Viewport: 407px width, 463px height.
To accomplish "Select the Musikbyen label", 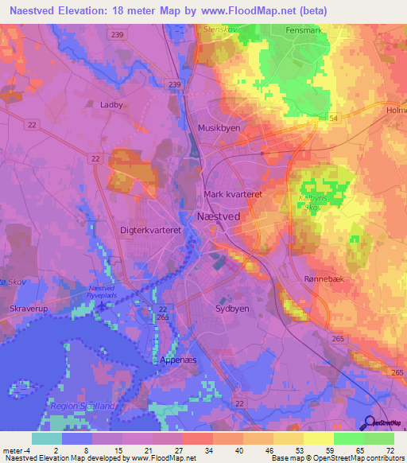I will (x=219, y=127).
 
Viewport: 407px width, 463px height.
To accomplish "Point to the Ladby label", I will (x=111, y=104).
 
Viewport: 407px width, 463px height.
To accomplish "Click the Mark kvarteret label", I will (x=233, y=194).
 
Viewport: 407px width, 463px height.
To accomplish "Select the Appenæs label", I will (x=178, y=359).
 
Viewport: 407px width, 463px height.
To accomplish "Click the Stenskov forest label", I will (x=222, y=28).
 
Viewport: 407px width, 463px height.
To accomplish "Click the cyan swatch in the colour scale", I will (x=46, y=438).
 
